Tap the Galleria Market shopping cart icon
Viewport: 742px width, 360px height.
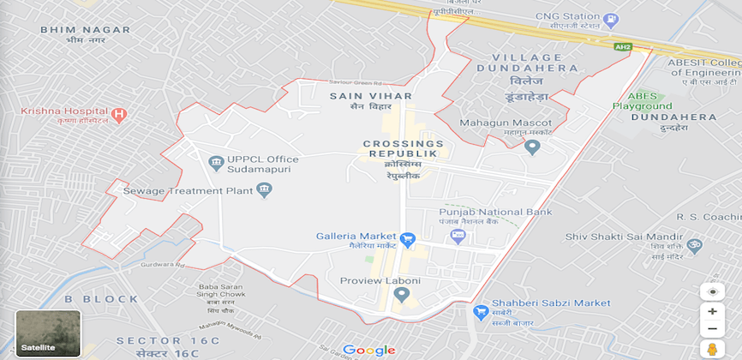click(x=408, y=237)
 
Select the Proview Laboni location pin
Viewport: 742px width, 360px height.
click(x=400, y=295)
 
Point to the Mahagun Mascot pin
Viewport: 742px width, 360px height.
click(x=532, y=147)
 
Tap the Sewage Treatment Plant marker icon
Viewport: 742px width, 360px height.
click(x=264, y=189)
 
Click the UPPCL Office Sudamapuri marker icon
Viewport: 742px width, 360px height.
click(x=216, y=162)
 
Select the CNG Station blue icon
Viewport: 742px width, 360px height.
click(x=610, y=20)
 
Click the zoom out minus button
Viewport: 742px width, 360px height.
click(x=712, y=329)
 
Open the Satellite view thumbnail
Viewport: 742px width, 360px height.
click(x=48, y=333)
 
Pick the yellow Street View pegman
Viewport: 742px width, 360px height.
click(x=712, y=349)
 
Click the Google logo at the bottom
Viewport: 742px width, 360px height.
click(x=368, y=350)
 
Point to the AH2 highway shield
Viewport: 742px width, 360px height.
click(x=623, y=46)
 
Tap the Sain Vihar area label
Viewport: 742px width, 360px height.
click(x=370, y=96)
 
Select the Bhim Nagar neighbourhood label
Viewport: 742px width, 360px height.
click(x=86, y=30)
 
